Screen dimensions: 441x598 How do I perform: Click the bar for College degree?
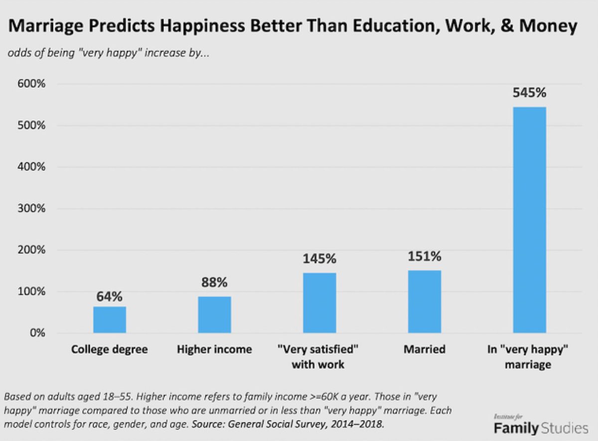110,320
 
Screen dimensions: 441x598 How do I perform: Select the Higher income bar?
214,315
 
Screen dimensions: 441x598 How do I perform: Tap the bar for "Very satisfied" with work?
319,303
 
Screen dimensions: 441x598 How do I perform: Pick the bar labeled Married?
425,302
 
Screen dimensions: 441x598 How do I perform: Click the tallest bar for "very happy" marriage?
529,220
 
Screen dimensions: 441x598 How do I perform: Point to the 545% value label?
530,93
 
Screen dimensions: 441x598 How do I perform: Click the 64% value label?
109,297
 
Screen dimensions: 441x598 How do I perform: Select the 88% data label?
214,282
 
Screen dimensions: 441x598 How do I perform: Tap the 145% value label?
319,259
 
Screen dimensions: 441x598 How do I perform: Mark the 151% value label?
425,256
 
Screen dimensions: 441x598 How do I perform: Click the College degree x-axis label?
110,349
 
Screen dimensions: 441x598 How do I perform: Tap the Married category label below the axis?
425,349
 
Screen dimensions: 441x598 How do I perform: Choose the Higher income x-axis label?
214,349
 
